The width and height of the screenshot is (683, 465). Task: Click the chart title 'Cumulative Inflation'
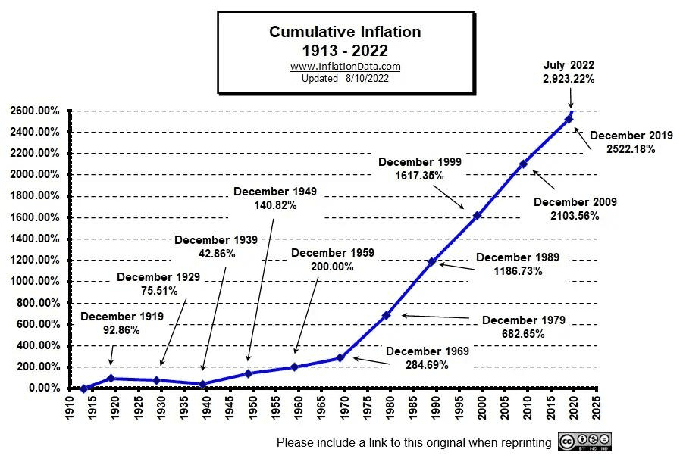tap(345, 32)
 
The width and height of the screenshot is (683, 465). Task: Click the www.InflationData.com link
tap(345, 67)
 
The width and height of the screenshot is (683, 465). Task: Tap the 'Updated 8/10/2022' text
tap(345, 78)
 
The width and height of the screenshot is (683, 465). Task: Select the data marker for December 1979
tap(386, 315)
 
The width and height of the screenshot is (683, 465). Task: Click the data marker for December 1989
tap(431, 262)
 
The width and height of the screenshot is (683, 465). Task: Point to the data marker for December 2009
tap(523, 164)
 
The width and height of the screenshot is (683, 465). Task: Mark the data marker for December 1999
tap(478, 216)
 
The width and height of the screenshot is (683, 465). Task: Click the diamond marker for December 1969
tap(340, 357)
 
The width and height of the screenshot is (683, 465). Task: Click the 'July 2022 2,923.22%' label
tap(569, 72)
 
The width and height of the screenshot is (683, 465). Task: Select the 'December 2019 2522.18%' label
tap(631, 142)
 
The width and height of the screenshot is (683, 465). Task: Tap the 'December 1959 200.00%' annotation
tap(332, 259)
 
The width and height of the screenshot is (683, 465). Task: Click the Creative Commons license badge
tap(584, 442)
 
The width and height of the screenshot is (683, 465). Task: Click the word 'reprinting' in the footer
tap(523, 442)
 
